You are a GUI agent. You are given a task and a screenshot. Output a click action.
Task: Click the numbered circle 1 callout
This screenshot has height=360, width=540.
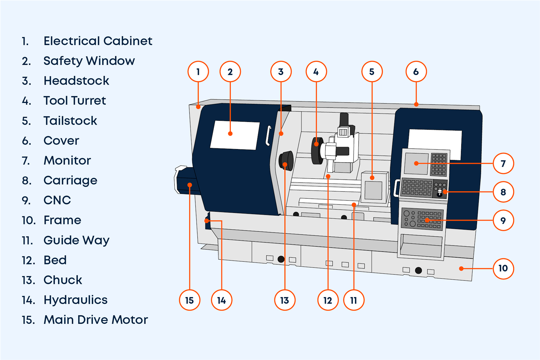198,72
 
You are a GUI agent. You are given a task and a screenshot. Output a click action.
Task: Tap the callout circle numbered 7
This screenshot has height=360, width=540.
503,163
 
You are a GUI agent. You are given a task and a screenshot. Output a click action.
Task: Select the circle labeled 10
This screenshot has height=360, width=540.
503,268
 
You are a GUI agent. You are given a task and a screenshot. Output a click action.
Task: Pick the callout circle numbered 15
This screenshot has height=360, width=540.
189,300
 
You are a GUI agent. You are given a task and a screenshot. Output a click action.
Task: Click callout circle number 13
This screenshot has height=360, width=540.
284,300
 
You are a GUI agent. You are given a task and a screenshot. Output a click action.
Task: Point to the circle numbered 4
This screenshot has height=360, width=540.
316,72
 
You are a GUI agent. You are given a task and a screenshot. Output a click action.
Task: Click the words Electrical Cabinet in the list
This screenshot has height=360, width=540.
98,41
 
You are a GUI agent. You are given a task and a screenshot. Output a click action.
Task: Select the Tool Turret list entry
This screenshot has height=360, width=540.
75,100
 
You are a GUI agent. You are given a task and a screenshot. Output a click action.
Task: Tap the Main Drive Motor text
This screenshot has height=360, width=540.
95,320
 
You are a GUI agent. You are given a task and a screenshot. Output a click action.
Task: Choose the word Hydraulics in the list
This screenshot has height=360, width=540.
75,300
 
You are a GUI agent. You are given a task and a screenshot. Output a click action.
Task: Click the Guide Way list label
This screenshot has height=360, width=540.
76,240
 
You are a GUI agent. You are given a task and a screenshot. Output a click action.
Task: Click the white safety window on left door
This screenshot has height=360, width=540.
235,135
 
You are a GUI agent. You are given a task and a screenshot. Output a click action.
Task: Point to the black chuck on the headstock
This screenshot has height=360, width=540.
286,161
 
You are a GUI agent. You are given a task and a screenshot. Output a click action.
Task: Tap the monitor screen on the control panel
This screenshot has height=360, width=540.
416,163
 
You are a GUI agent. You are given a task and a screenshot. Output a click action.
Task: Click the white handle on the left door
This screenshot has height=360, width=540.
268,136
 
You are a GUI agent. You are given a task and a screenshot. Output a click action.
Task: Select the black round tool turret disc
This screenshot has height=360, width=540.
317,150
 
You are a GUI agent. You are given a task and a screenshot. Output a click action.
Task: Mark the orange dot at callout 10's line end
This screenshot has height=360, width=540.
461,269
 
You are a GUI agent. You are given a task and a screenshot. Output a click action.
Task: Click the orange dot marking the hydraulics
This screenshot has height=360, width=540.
207,221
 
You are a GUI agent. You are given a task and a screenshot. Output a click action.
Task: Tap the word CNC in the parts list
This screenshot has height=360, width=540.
57,200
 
